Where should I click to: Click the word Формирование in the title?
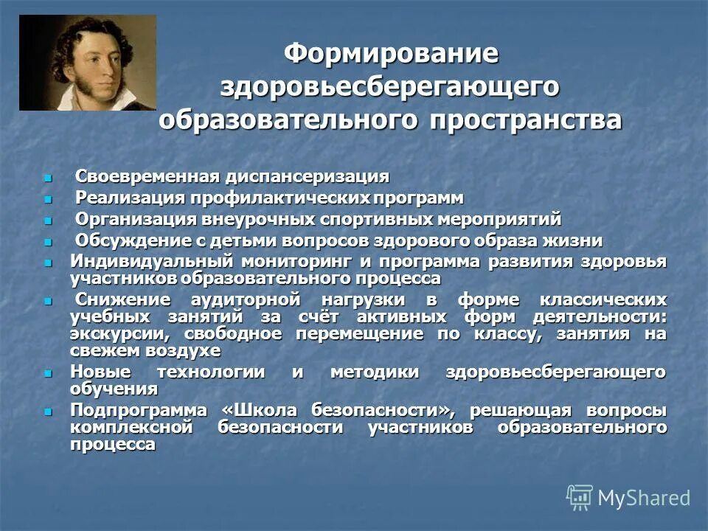(392, 54)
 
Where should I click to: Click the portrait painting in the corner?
(88, 63)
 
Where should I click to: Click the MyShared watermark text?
(644, 498)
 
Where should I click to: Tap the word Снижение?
(122, 299)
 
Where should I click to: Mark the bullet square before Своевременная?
(49, 178)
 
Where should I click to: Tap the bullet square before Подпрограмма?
(49, 411)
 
